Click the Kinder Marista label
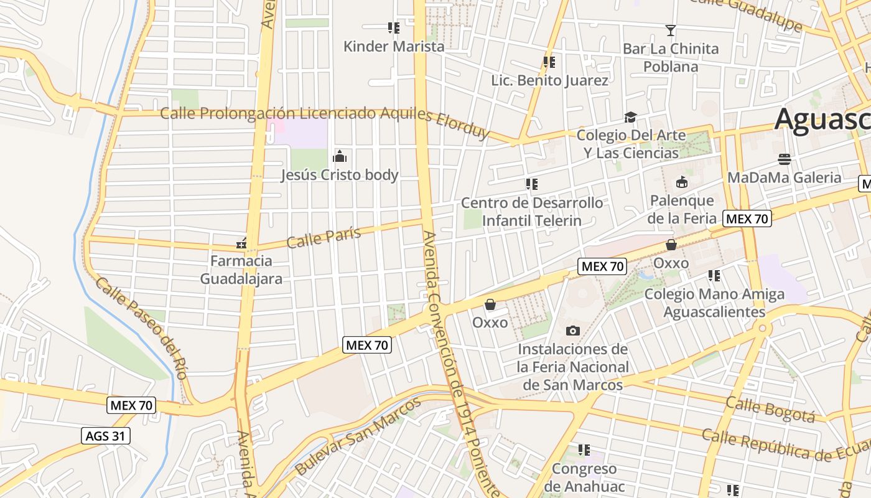click(x=394, y=46)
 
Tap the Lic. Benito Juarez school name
click(x=549, y=80)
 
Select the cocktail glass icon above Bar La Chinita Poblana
click(x=671, y=30)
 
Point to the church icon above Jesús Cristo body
click(x=340, y=156)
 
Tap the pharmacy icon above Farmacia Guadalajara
click(x=241, y=243)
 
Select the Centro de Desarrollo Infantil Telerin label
click(x=531, y=212)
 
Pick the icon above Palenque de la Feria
click(x=681, y=182)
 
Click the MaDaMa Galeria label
click(x=784, y=177)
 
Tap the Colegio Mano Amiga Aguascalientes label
click(x=714, y=303)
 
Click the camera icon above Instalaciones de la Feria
click(x=573, y=331)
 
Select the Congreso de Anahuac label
click(x=584, y=477)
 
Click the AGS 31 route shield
click(x=106, y=436)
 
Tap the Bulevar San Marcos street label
click(x=358, y=436)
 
